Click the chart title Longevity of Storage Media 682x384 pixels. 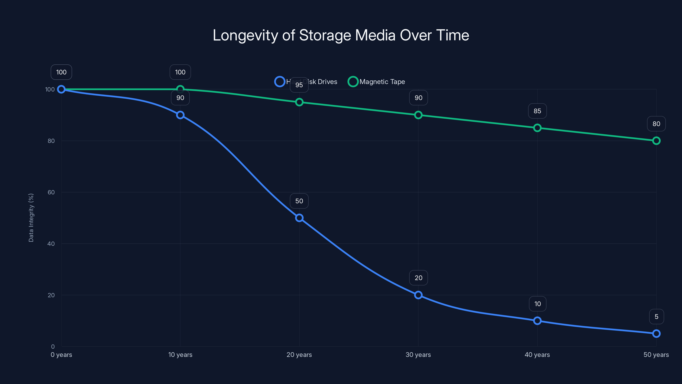pos(341,35)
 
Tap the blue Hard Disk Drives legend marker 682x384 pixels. pos(280,82)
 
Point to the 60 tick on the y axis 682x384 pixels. pos(51,192)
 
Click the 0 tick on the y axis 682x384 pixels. pos(53,346)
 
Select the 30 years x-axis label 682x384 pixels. pos(418,355)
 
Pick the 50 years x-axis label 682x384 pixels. pos(656,355)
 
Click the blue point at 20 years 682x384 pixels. pos(299,218)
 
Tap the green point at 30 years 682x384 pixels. pos(418,115)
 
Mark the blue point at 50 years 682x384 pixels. pos(656,333)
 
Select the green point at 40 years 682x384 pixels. pos(537,128)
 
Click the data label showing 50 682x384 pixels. pos(299,201)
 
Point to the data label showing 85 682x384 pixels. pos(537,111)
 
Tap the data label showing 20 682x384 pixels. pos(418,278)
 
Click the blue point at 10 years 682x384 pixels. pos(180,115)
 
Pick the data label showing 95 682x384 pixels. pos(299,85)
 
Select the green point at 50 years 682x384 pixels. pos(656,141)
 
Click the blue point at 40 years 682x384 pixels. pos(537,321)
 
